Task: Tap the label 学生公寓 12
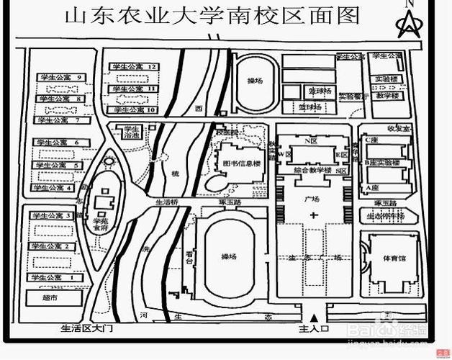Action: (134, 66)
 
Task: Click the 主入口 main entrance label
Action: (313, 328)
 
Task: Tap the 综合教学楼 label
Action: (312, 171)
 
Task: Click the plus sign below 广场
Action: (312, 216)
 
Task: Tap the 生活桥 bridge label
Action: (166, 203)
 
